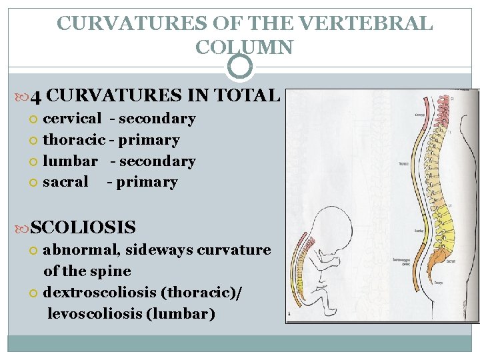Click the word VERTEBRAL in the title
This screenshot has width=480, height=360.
coord(365,23)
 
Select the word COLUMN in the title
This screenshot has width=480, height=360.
coord(244,47)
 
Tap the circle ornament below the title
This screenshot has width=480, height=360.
coord(240,66)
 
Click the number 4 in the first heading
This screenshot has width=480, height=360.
coord(36,96)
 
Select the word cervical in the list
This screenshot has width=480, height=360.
coord(72,119)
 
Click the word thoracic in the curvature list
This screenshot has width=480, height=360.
coord(73,140)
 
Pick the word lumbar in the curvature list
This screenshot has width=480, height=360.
coord(70,161)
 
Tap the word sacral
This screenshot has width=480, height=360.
coord(65,182)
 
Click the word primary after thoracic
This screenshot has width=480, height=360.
coord(149,140)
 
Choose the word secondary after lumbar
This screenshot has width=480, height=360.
coord(157,161)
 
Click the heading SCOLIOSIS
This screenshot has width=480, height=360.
coord(83,227)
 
